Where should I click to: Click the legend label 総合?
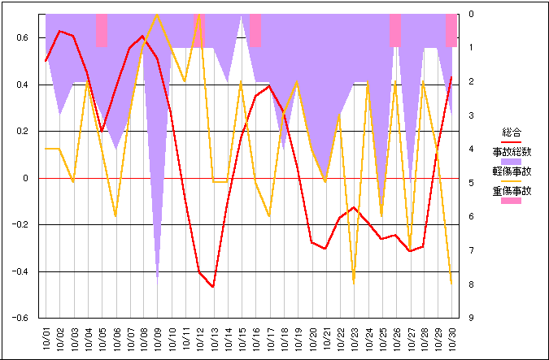point(512,132)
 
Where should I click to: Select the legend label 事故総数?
point(512,152)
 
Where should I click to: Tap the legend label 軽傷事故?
point(512,171)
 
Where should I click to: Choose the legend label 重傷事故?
point(512,192)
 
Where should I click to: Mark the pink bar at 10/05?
point(102,30)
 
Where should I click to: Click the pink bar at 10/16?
point(255,30)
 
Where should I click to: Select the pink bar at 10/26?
point(395,30)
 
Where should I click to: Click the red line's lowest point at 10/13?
point(214,287)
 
